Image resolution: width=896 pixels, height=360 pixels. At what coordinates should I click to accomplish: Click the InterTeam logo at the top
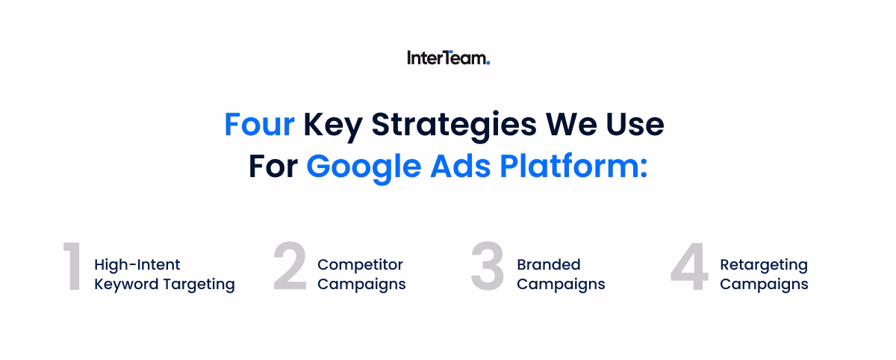pos(447,58)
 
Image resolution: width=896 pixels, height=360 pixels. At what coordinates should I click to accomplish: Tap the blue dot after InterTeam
pos(488,63)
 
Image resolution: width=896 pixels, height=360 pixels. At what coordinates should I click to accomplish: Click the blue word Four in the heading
pos(259,125)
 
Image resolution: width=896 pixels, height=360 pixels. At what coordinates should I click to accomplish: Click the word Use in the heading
pos(636,125)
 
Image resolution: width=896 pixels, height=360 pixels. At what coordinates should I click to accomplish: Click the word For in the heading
pos(273,167)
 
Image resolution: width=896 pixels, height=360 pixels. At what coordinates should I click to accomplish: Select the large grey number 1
pos(72,267)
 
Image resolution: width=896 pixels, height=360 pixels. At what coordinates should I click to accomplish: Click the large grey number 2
pos(290,267)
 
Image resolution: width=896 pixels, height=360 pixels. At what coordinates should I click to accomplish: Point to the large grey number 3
pos(488,267)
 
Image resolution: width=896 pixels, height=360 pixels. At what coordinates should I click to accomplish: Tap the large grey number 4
pos(688,267)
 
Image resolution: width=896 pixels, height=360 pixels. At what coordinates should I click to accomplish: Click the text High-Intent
pos(137,265)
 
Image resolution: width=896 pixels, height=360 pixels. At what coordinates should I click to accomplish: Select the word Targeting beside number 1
pos(202,285)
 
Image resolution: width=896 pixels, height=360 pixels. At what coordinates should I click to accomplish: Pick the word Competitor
pos(360,265)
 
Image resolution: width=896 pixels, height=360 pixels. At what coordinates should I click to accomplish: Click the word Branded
pos(548,265)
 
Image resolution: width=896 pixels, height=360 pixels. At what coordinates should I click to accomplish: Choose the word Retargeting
pos(763,265)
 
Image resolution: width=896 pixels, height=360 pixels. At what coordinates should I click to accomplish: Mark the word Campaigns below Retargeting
pos(763,285)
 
